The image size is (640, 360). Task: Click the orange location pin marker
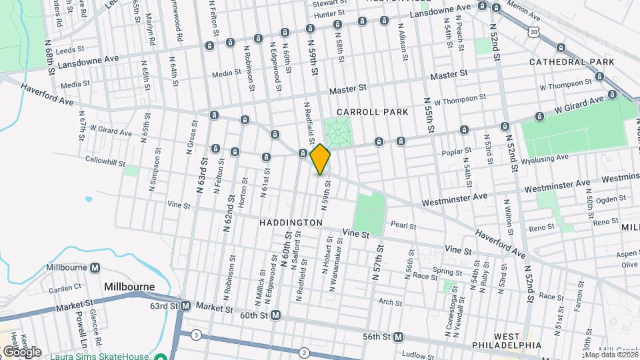[321, 159]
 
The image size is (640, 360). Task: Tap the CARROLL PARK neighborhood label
[372, 112]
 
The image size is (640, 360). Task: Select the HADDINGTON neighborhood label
[291, 222]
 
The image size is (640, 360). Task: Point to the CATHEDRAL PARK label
[571, 62]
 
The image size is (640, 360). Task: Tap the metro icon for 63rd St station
[185, 306]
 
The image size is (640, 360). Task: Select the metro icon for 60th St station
[275, 315]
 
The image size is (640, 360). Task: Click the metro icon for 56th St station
[397, 337]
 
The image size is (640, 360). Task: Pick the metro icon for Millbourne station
[95, 268]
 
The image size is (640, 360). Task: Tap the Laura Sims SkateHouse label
[100, 356]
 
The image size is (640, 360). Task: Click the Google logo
[21, 351]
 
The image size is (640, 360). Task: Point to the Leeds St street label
[71, 49]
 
